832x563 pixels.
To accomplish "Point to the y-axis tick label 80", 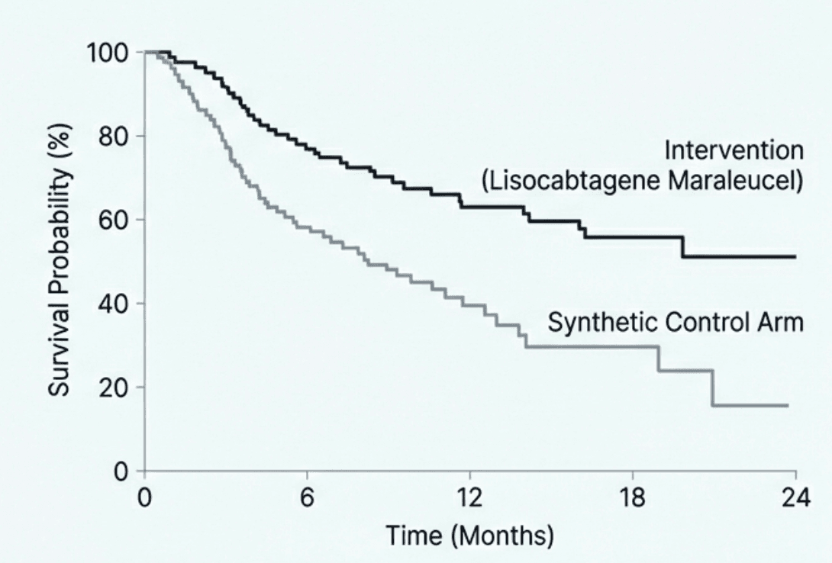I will [118, 137].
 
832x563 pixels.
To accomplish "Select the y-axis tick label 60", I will [118, 220].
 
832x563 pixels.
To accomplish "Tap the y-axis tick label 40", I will [118, 304].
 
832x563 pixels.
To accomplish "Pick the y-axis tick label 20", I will [118, 388].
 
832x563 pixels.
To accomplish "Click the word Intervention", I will [734, 150].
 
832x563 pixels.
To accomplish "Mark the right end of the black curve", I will [795, 257].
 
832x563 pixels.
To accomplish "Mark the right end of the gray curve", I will [788, 405].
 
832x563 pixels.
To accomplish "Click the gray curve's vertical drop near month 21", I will [712, 388].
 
